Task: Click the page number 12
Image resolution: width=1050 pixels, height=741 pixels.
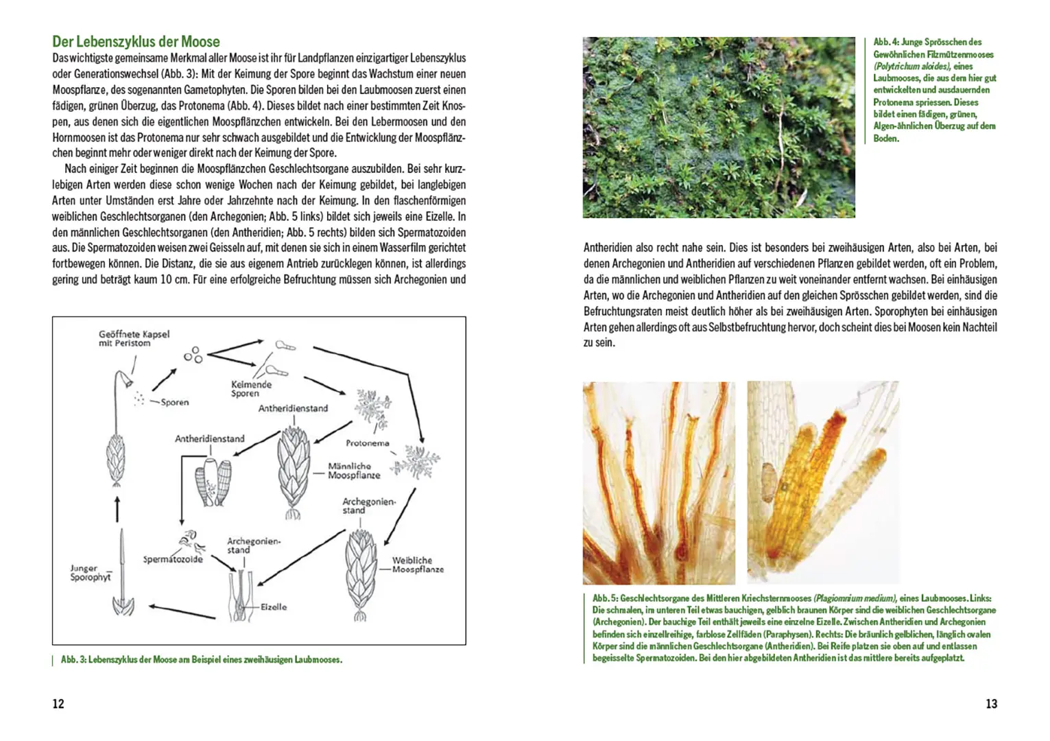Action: pyautogui.click(x=58, y=703)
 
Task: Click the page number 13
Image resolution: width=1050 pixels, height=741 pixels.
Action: pyautogui.click(x=991, y=703)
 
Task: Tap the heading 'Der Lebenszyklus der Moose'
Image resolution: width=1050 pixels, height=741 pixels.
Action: pyautogui.click(x=136, y=42)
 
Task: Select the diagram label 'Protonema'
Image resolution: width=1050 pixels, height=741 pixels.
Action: pyautogui.click(x=367, y=443)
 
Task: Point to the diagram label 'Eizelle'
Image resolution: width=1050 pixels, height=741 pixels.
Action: pyautogui.click(x=274, y=607)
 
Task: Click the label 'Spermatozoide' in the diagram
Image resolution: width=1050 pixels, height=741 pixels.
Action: pyautogui.click(x=173, y=559)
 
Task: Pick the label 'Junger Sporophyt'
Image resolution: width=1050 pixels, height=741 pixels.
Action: pyautogui.click(x=90, y=573)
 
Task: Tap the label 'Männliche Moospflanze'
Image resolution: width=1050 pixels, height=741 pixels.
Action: pyautogui.click(x=353, y=471)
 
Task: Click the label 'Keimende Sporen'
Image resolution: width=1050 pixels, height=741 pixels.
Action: pyautogui.click(x=251, y=389)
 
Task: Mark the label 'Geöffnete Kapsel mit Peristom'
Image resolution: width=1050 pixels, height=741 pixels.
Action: pyautogui.click(x=134, y=338)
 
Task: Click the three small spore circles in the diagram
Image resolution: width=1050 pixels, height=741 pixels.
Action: pyautogui.click(x=193, y=355)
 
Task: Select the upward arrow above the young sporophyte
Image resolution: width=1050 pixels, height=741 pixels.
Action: pyautogui.click(x=117, y=509)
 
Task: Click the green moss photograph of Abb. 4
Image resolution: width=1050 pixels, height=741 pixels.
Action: pyautogui.click(x=718, y=127)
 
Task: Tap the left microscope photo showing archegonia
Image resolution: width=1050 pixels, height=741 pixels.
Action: pyautogui.click(x=658, y=483)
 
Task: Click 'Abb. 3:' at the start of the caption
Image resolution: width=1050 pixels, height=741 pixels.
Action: pyautogui.click(x=73, y=660)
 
